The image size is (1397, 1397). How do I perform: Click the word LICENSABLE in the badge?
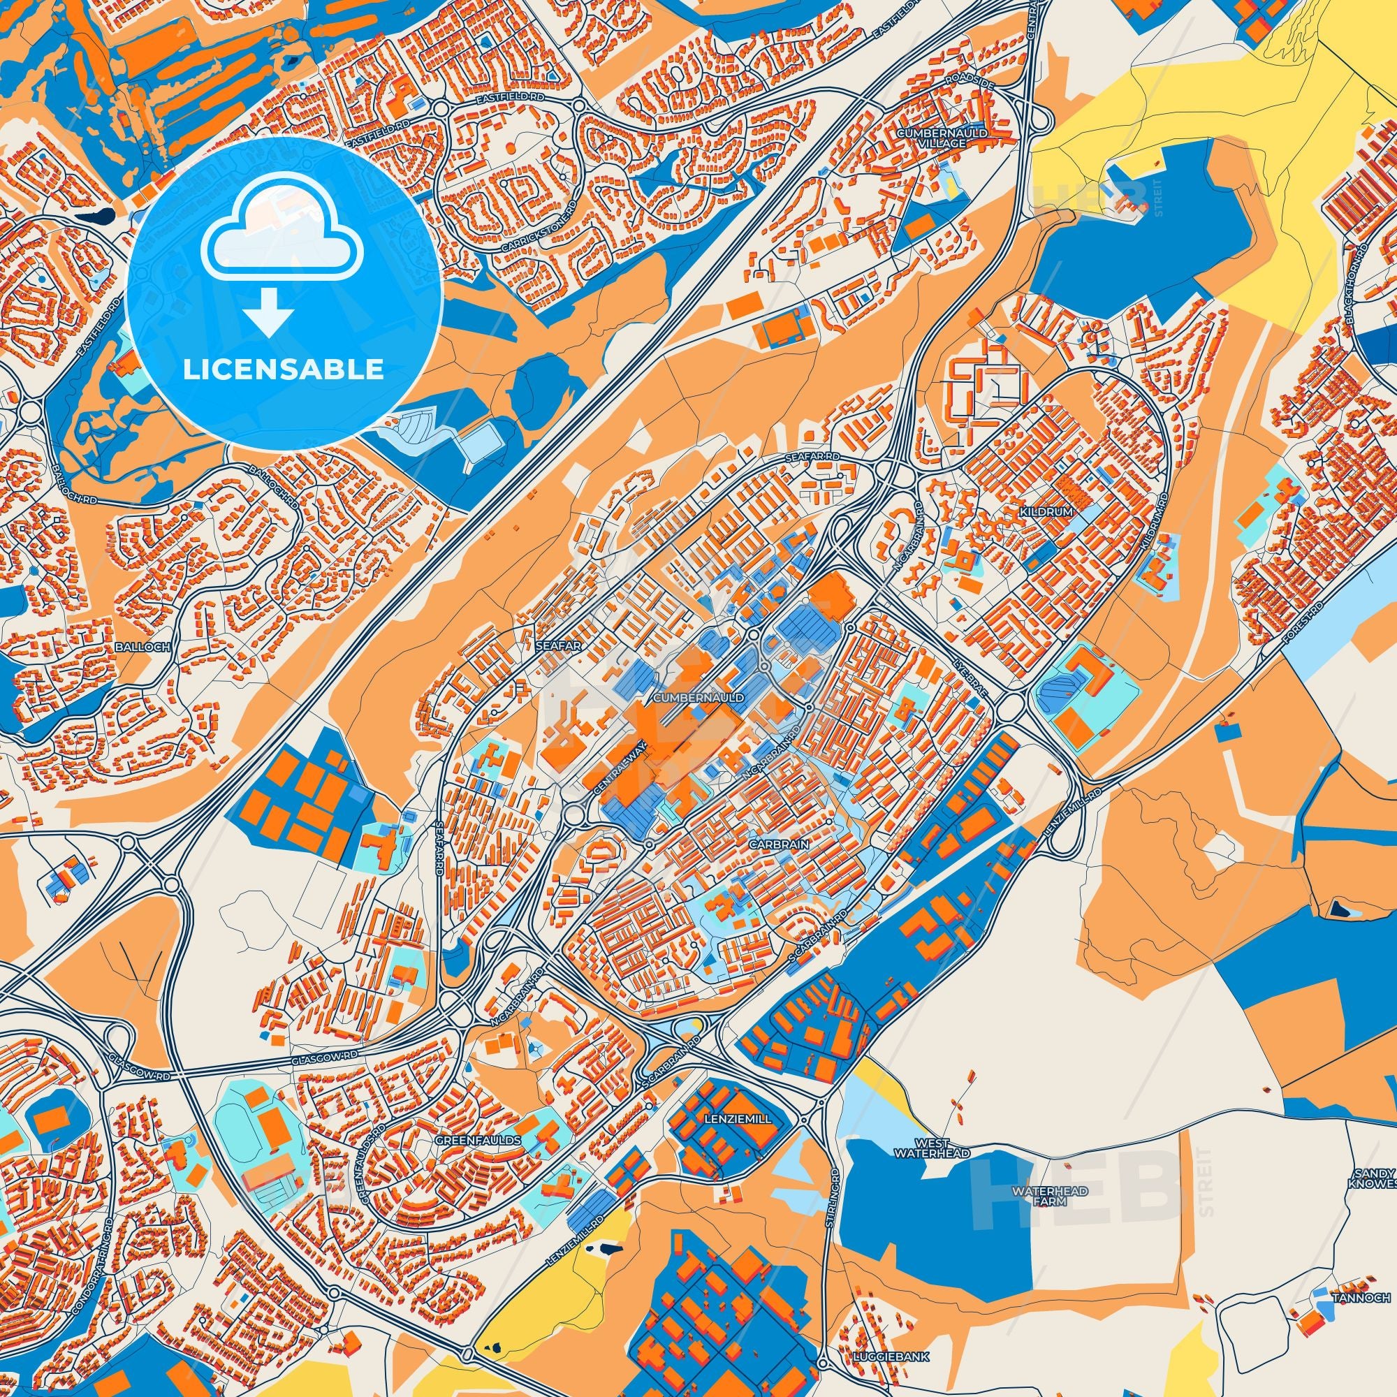(284, 370)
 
